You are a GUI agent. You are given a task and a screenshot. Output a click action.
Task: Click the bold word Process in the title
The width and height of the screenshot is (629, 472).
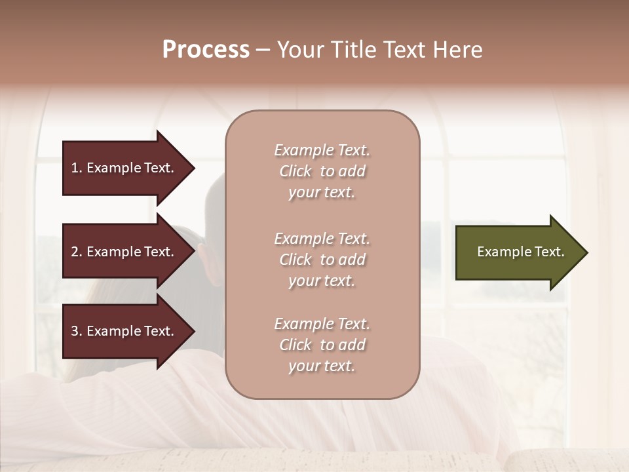click(x=206, y=50)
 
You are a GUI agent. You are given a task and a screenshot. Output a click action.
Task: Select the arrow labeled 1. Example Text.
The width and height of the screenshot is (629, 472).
click(x=124, y=168)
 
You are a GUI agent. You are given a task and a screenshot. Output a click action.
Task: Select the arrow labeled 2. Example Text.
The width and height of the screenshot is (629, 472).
click(x=124, y=252)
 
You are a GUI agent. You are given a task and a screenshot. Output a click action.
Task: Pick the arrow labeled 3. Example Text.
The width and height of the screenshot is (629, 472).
click(x=124, y=332)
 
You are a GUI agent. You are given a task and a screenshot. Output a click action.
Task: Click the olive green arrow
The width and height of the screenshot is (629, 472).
click(x=518, y=252)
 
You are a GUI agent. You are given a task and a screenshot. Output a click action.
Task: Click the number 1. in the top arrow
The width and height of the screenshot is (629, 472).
click(x=77, y=168)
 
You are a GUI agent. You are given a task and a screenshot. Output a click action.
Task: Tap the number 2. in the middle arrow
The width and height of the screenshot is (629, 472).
click(x=77, y=252)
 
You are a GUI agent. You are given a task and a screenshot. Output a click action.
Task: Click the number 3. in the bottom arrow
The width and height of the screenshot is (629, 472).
click(x=77, y=332)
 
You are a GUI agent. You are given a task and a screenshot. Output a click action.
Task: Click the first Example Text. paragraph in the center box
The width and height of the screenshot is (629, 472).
click(x=322, y=171)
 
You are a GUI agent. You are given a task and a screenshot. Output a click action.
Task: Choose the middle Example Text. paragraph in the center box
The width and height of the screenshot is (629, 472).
click(x=322, y=260)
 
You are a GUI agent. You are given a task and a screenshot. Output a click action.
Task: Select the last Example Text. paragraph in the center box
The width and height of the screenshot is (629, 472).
click(x=322, y=345)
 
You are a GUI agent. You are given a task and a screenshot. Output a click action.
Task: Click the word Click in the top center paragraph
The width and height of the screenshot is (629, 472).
click(x=295, y=171)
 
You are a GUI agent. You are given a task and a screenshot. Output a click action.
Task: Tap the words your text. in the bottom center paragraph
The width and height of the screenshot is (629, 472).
click(x=322, y=366)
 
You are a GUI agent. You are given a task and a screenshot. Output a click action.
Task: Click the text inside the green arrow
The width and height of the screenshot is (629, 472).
click(x=520, y=252)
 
